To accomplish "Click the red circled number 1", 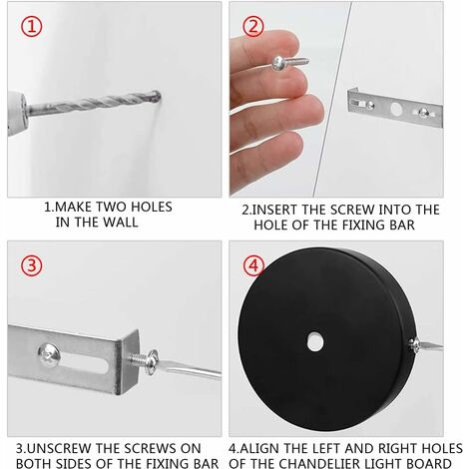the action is click(x=32, y=27).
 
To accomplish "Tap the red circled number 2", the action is click(x=253, y=26).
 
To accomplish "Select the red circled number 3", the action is click(x=31, y=265).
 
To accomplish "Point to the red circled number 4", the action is click(x=253, y=265).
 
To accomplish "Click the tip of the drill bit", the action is click(x=160, y=96).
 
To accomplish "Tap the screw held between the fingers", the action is click(x=290, y=63).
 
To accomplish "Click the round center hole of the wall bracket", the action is click(x=396, y=109).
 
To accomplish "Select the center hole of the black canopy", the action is click(x=315, y=341).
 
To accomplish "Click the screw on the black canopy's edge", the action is click(x=414, y=344).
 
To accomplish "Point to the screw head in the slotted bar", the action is click(x=50, y=355).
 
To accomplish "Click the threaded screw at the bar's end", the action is click(x=143, y=361).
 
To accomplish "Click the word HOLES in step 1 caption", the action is click(x=152, y=207).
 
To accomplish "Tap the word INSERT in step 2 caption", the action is click(x=274, y=210).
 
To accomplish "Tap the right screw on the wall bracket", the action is click(x=423, y=113).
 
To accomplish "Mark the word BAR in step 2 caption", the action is click(x=402, y=226).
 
